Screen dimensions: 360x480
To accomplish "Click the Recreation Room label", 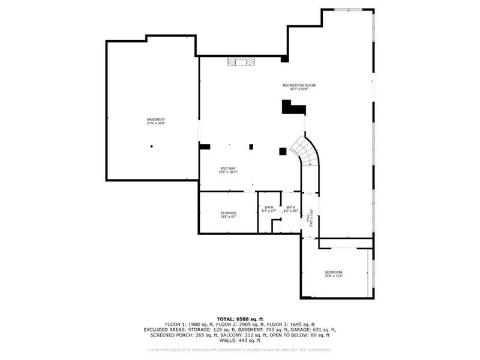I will point(299,86).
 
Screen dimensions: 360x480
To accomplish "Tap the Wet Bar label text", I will point(228,168).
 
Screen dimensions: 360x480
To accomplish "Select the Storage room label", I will point(228,213).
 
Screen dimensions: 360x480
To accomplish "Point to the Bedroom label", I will point(334,272).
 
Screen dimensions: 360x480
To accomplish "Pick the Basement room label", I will point(156,119).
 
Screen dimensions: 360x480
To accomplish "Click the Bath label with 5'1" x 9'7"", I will point(269,208).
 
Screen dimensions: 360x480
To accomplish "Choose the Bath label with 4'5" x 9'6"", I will point(290,208).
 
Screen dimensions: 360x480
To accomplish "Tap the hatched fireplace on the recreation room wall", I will point(241,61).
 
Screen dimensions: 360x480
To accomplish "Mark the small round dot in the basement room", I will point(152,146).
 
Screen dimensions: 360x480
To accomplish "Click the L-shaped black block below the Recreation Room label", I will point(293,108).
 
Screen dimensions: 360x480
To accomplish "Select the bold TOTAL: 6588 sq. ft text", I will point(239,319).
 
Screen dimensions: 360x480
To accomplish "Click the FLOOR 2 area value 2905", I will point(239,324).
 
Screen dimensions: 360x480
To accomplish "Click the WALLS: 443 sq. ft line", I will point(239,340).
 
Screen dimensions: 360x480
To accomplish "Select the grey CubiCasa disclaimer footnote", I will point(239,349).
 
